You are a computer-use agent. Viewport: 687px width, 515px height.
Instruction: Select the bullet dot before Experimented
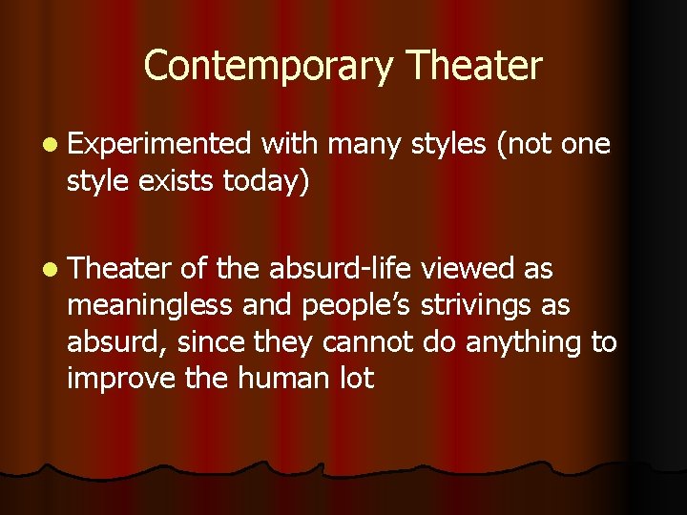point(49,144)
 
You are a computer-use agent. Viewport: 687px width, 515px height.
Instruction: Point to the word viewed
point(468,270)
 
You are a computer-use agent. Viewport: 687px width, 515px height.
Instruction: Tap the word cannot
point(367,342)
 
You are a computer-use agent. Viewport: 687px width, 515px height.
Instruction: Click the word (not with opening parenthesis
point(521,143)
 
